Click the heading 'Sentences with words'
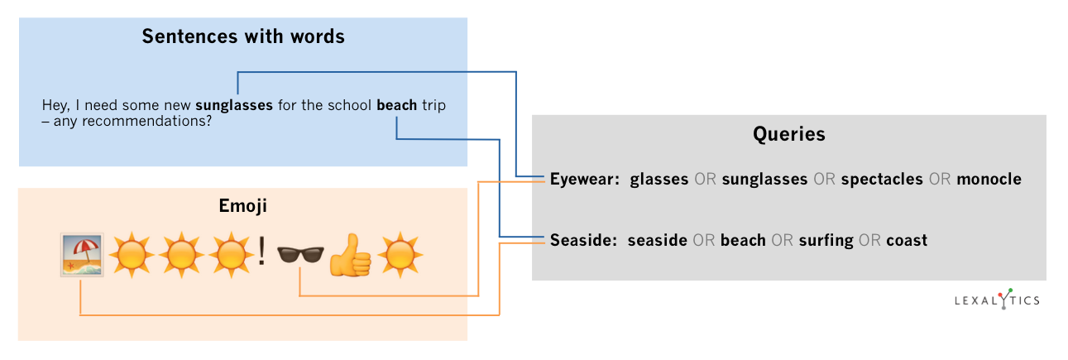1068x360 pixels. (242, 36)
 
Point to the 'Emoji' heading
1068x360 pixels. (242, 205)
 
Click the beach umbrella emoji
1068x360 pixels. (81, 256)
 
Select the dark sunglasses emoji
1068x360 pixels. (299, 256)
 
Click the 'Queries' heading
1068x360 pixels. (788, 134)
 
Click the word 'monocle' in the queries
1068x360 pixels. (989, 179)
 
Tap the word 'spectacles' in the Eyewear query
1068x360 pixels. (882, 180)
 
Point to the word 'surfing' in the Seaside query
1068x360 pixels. (826, 241)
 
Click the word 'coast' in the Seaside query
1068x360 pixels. (907, 241)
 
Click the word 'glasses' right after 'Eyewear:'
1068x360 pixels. (659, 180)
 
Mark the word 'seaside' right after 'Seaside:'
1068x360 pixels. (658, 241)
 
